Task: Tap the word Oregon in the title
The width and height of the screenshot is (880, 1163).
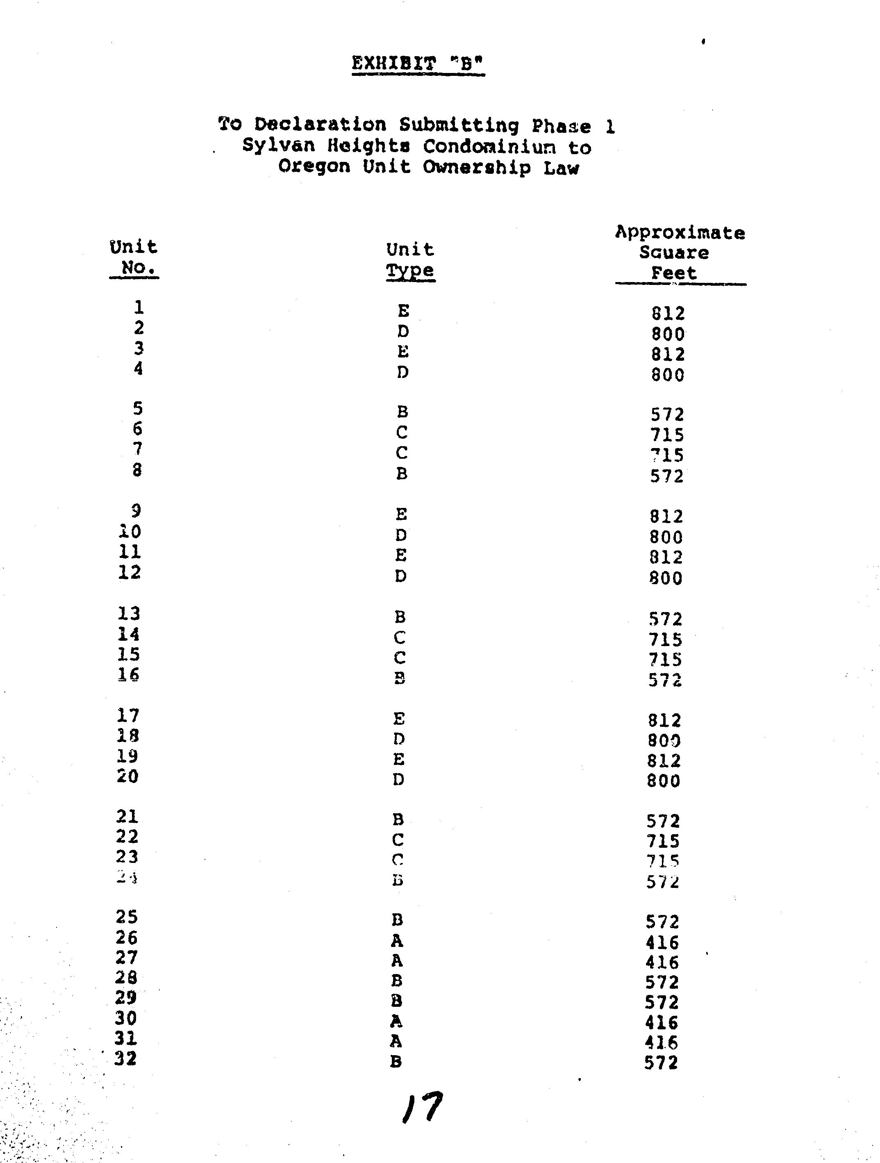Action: click(x=314, y=167)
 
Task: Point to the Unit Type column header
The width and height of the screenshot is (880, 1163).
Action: click(x=410, y=260)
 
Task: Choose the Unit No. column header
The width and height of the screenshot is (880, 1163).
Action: click(x=134, y=257)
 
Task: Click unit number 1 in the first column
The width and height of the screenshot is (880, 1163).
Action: click(x=139, y=307)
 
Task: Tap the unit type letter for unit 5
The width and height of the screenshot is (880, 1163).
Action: click(x=402, y=412)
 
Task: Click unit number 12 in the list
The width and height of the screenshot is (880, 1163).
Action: click(x=130, y=572)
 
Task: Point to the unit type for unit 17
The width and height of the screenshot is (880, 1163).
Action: click(x=399, y=719)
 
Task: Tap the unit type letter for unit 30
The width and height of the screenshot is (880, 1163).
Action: click(x=396, y=1022)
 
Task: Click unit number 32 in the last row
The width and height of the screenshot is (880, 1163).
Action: click(x=126, y=1058)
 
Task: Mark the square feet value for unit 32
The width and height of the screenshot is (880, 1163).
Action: click(x=661, y=1063)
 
